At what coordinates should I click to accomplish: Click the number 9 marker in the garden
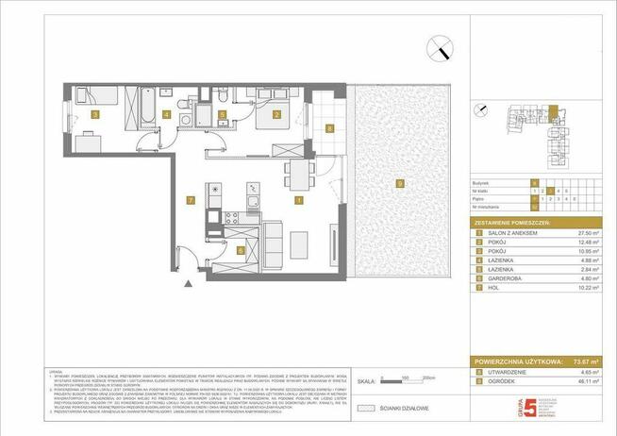pyautogui.click(x=400, y=182)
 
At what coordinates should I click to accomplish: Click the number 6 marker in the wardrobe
pyautogui.click(x=241, y=251)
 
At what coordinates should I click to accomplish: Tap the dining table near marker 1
pyautogui.click(x=299, y=174)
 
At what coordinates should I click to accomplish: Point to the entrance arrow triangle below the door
pyautogui.click(x=192, y=282)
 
